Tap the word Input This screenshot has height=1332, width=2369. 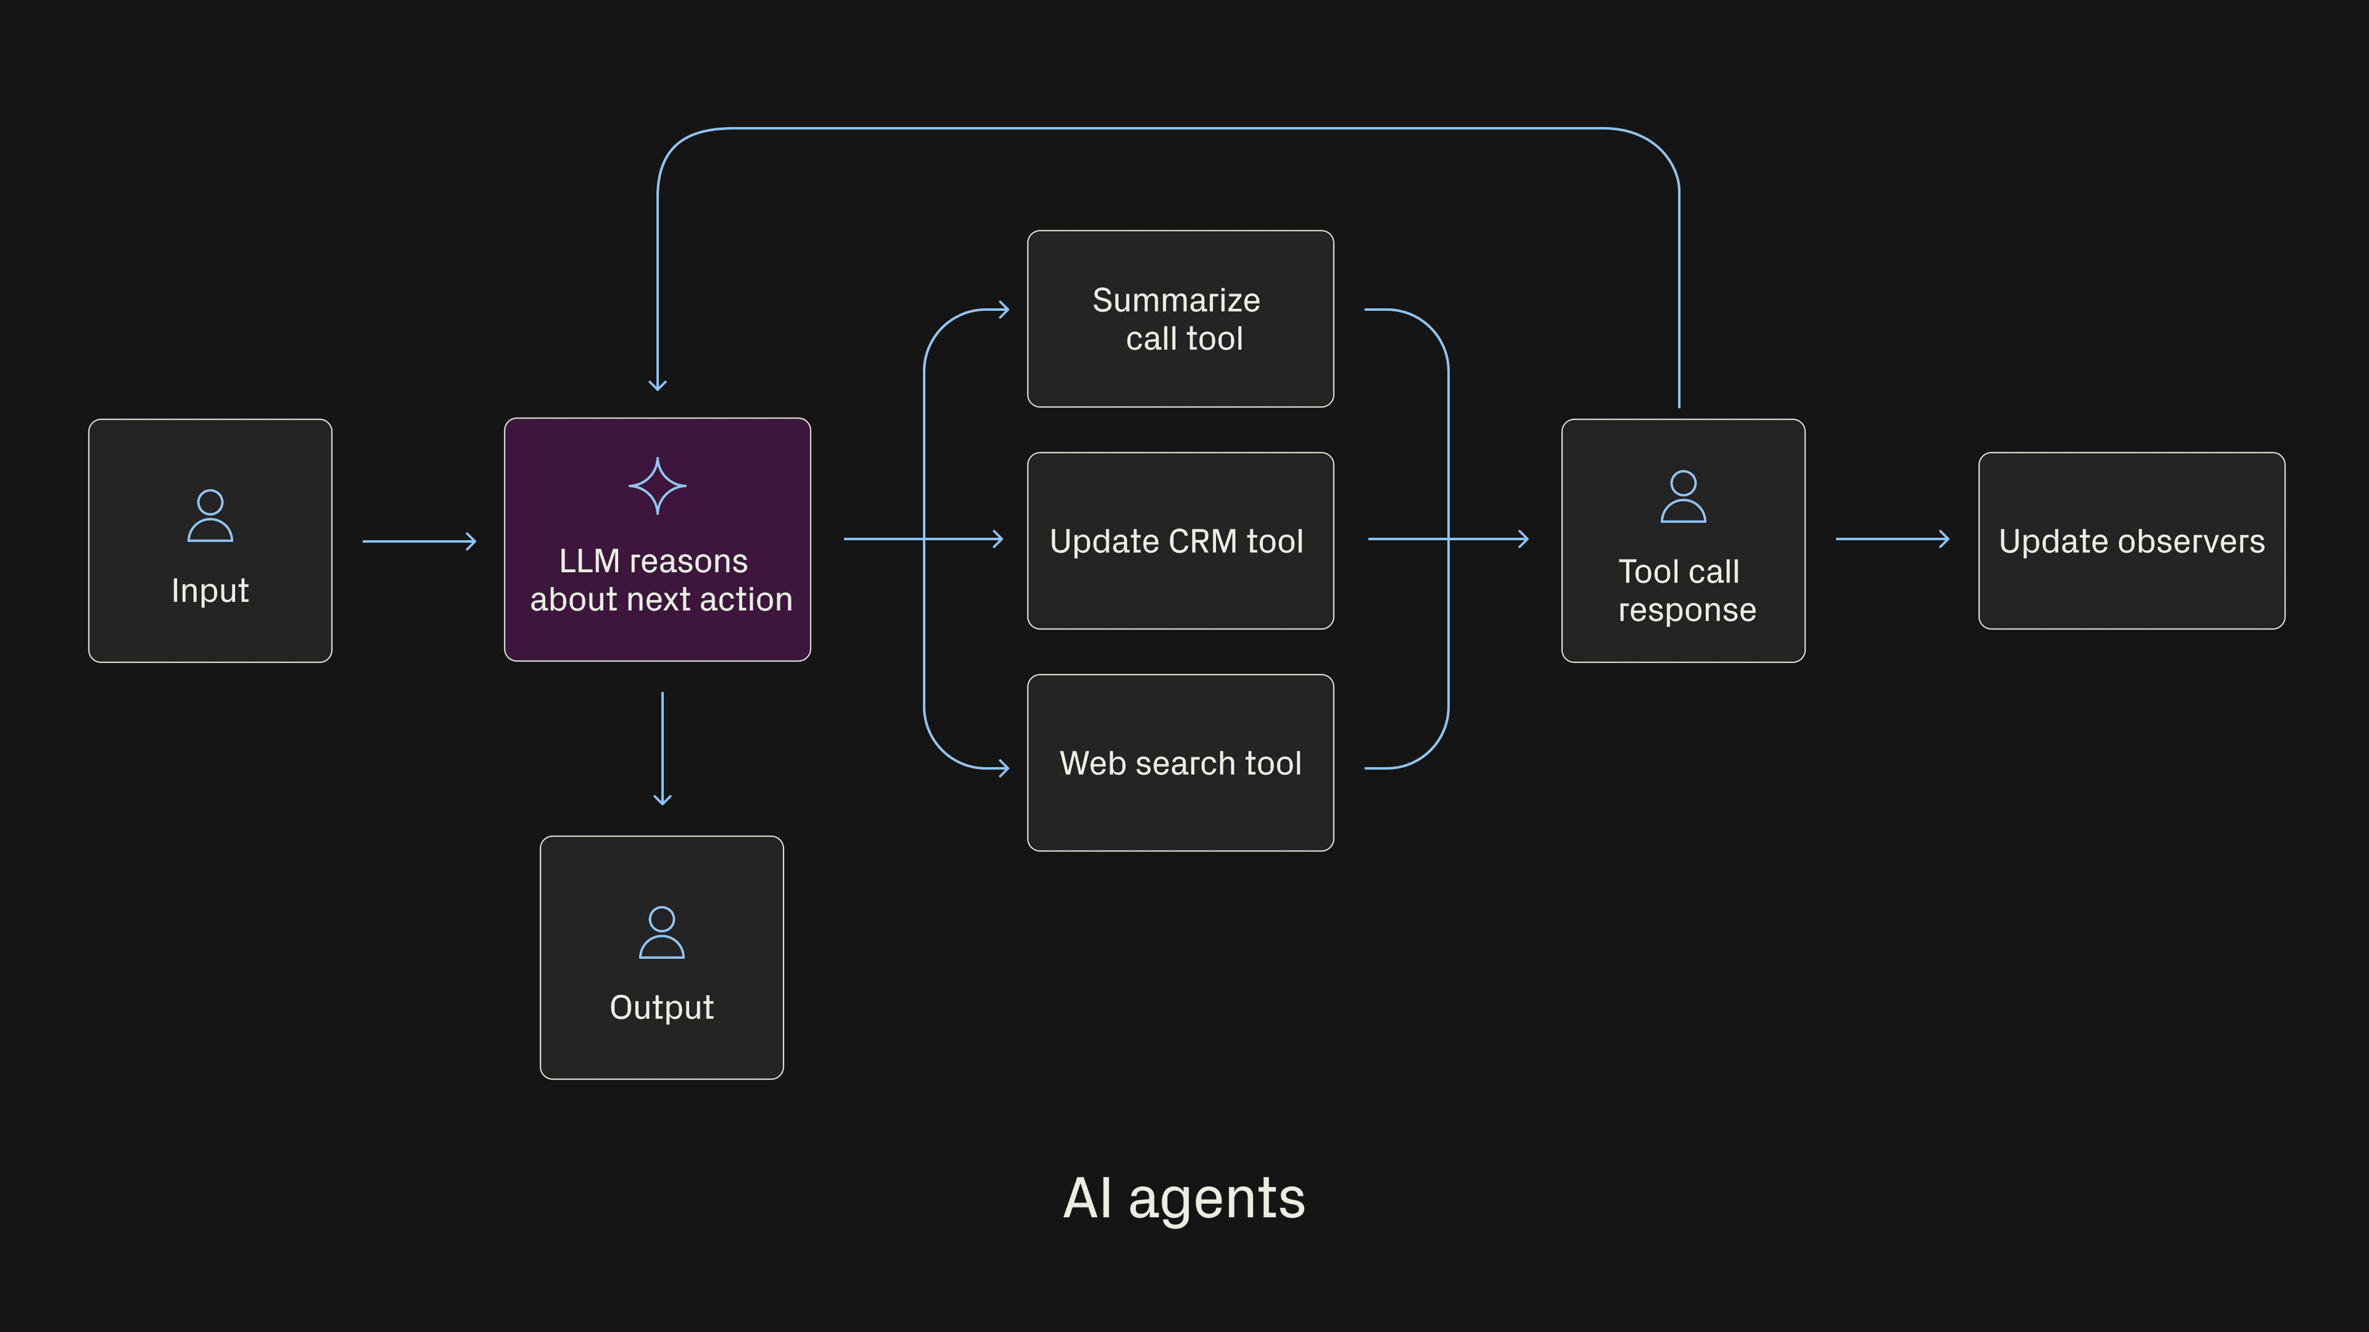tap(210, 590)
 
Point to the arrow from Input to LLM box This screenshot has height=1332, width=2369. tap(420, 541)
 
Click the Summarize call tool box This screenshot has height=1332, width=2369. tap(1180, 319)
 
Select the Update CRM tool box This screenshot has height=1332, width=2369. tap(1180, 541)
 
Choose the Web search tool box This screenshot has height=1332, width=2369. tap(1180, 763)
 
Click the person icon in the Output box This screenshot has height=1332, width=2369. tap(661, 932)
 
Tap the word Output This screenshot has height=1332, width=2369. tap(661, 1008)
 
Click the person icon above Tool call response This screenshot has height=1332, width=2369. tap(1683, 496)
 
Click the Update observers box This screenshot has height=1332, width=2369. tap(2131, 541)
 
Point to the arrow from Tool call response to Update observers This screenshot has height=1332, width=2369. tap(1891, 540)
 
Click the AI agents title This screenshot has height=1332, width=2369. tap(1184, 1199)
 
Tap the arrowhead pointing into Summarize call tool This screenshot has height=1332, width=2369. tap(1004, 310)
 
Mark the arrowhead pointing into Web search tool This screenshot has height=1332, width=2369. tap(1004, 768)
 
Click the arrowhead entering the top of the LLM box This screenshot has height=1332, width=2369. tap(658, 385)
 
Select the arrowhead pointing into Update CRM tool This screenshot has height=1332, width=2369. tap(999, 540)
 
